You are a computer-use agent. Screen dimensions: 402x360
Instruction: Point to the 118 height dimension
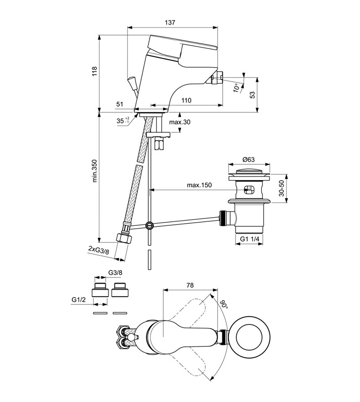(94, 71)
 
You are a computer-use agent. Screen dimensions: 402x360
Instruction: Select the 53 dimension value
(252, 94)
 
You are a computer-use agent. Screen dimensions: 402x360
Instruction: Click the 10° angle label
(236, 87)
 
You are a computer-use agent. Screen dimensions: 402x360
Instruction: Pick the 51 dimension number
(120, 104)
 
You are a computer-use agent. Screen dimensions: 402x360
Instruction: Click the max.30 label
(180, 122)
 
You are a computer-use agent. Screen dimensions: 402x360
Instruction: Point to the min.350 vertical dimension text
(94, 172)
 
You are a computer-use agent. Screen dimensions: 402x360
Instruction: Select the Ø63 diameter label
(249, 159)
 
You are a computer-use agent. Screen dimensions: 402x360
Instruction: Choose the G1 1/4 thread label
(250, 239)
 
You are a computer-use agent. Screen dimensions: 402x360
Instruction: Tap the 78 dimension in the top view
(190, 285)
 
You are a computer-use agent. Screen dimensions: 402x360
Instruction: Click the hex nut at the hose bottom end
(124, 238)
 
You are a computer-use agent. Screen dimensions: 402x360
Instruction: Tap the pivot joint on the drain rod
(149, 226)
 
